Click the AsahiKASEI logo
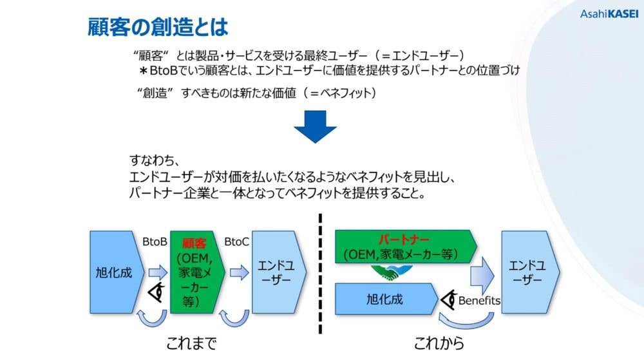coord(609,14)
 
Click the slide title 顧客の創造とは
coord(158,27)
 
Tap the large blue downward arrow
coord(315,126)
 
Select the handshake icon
coord(392,272)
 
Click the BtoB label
coord(155,242)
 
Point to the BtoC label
coord(236,242)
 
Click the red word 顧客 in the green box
coord(194,243)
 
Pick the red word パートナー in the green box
coord(404,240)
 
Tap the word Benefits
coord(479,301)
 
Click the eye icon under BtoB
coord(156,292)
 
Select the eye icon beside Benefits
coord(449,299)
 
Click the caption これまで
coord(191,343)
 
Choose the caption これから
coord(439,343)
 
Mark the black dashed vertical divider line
coord(320,274)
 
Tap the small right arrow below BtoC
coord(240,272)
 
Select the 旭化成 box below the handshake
coord(386,299)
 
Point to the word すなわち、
coord(155,160)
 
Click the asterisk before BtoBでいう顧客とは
coord(144,71)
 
